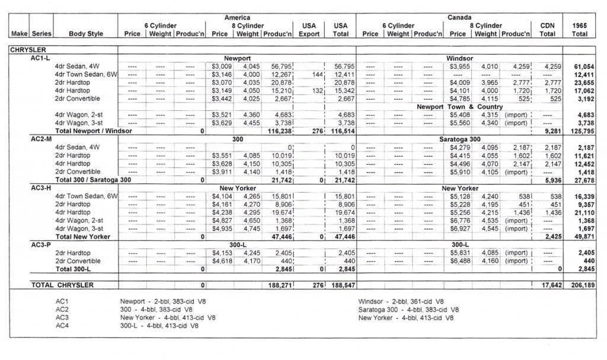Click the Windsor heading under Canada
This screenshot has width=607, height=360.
[x=459, y=58]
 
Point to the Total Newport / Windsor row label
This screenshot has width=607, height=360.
[x=94, y=130]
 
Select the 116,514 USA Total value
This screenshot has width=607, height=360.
[x=340, y=130]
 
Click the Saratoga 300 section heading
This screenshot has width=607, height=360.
[x=459, y=138]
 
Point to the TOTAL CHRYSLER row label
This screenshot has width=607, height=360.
[x=63, y=285]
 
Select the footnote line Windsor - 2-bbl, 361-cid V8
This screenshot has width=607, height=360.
[x=401, y=301]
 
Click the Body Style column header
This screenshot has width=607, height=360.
[x=87, y=34]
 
